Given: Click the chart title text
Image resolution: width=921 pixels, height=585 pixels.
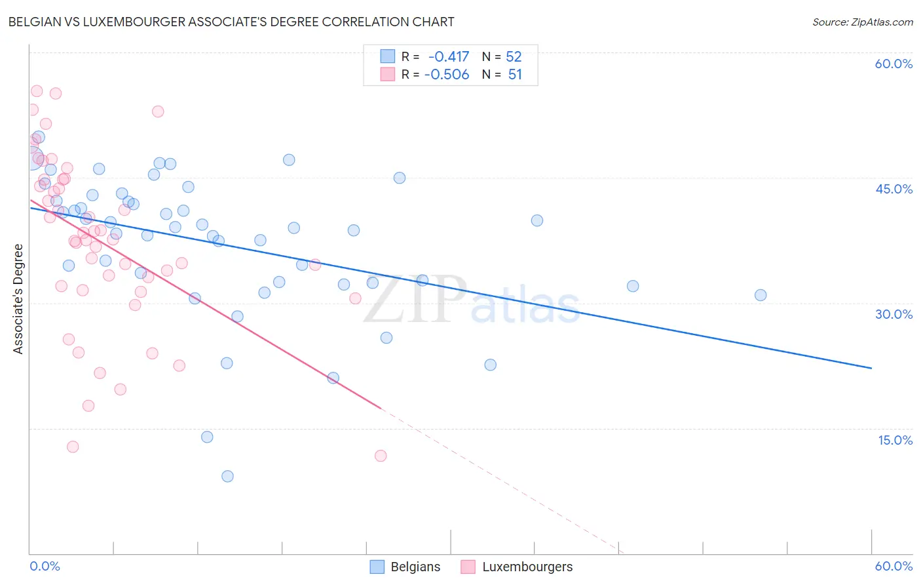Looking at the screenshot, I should pyautogui.click(x=231, y=22).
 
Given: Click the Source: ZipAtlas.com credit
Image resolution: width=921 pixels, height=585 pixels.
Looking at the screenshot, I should pyautogui.click(x=862, y=22).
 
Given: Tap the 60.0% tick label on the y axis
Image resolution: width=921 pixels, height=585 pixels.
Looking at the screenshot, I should pyautogui.click(x=893, y=64).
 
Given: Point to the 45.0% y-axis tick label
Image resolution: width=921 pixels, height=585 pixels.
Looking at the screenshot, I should pyautogui.click(x=893, y=189).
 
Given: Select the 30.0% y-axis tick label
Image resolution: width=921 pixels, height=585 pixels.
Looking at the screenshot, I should pyautogui.click(x=893, y=314).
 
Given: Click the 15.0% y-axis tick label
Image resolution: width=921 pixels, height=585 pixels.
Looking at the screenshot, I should pyautogui.click(x=895, y=440).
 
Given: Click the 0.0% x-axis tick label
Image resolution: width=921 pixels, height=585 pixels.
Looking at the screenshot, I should pyautogui.click(x=45, y=566).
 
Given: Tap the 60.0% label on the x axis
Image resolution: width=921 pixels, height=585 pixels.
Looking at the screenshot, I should pyautogui.click(x=893, y=566).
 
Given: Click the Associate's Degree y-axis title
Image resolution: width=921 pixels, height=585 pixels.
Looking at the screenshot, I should pyautogui.click(x=18, y=299).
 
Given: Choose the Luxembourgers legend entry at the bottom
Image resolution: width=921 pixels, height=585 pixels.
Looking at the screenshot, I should pyautogui.click(x=516, y=567).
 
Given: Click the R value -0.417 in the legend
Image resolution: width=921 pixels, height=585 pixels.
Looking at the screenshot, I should pyautogui.click(x=449, y=56).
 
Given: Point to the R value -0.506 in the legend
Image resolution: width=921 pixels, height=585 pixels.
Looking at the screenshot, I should pyautogui.click(x=447, y=75).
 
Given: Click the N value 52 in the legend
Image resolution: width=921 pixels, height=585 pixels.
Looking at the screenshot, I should pyautogui.click(x=514, y=56).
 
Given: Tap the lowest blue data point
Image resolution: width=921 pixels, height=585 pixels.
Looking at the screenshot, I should pyautogui.click(x=227, y=476).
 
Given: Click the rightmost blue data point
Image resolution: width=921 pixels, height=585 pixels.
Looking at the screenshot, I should pyautogui.click(x=761, y=295).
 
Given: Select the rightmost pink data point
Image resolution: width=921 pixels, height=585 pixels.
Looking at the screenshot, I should pyautogui.click(x=381, y=456).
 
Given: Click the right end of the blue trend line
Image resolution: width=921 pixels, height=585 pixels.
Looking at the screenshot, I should pyautogui.click(x=872, y=369).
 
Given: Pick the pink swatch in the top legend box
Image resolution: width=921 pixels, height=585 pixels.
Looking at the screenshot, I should pyautogui.click(x=388, y=75).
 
